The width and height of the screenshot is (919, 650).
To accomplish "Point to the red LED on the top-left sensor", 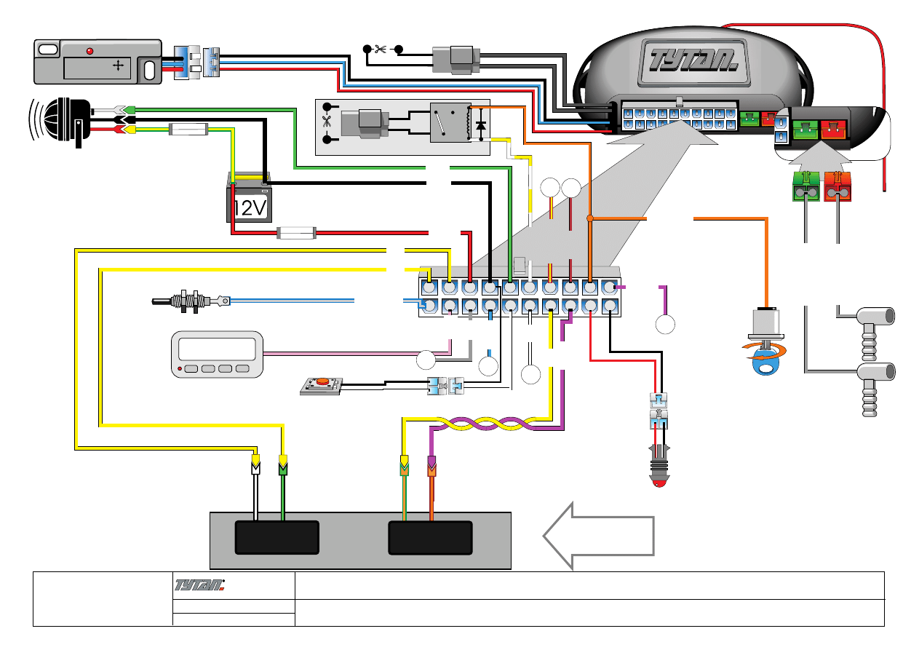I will pyautogui.click(x=89, y=51).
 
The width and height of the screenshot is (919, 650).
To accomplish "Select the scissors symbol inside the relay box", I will pyautogui.click(x=326, y=122).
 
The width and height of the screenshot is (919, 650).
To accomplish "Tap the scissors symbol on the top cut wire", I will pyautogui.click(x=380, y=49).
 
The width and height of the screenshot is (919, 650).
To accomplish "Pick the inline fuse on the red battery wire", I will pyautogui.click(x=296, y=234).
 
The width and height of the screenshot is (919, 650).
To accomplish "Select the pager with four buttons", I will pyautogui.click(x=216, y=354).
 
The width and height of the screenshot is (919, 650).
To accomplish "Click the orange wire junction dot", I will pyautogui.click(x=589, y=218).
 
